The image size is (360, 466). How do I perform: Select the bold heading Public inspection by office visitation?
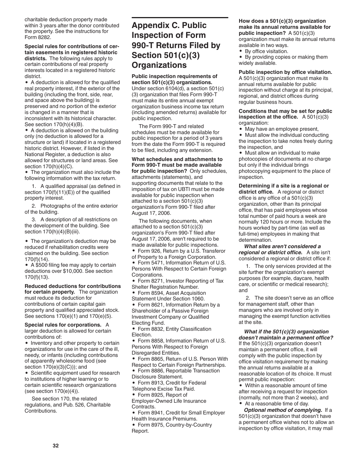click(x=285, y=72)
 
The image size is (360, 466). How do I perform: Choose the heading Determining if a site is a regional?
click(x=283, y=186)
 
